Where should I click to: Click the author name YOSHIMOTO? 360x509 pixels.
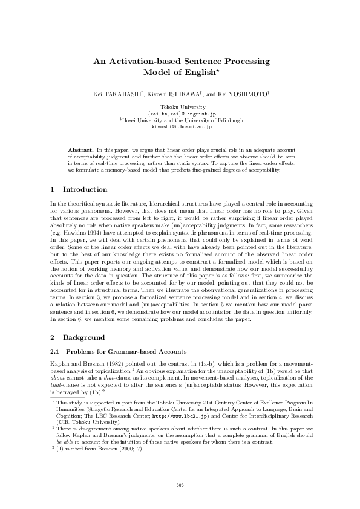248,94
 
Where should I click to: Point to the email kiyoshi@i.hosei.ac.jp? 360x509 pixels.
180,127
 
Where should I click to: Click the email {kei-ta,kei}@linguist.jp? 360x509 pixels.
180,113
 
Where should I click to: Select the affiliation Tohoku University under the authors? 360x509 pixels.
182,106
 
